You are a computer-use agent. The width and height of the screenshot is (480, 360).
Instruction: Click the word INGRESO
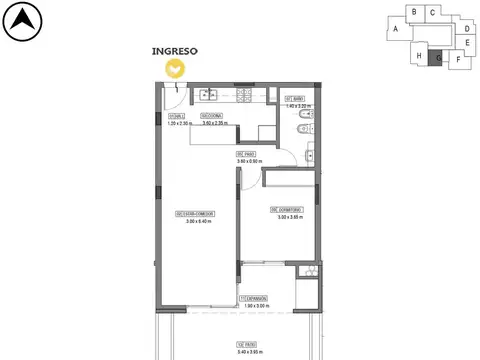point(174,49)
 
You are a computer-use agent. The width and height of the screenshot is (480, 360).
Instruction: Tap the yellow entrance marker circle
point(175,68)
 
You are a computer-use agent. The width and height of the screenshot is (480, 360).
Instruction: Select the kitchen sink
point(209,95)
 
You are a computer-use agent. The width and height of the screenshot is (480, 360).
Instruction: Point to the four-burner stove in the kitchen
point(244,95)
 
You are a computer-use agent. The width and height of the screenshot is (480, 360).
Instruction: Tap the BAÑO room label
point(295,98)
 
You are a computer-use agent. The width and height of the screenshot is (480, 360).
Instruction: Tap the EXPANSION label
point(258,299)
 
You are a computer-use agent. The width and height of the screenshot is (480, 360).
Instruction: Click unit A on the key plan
point(396,30)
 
